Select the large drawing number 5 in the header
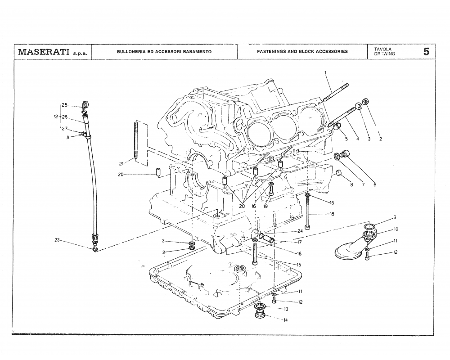426,51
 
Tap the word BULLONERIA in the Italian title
130,51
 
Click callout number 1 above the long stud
325,72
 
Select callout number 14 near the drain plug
285,320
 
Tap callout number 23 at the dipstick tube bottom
57,240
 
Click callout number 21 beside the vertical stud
121,164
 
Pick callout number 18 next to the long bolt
332,214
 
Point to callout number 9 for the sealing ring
395,217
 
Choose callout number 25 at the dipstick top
64,105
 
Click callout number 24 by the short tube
300,231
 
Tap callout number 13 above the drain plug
286,309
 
